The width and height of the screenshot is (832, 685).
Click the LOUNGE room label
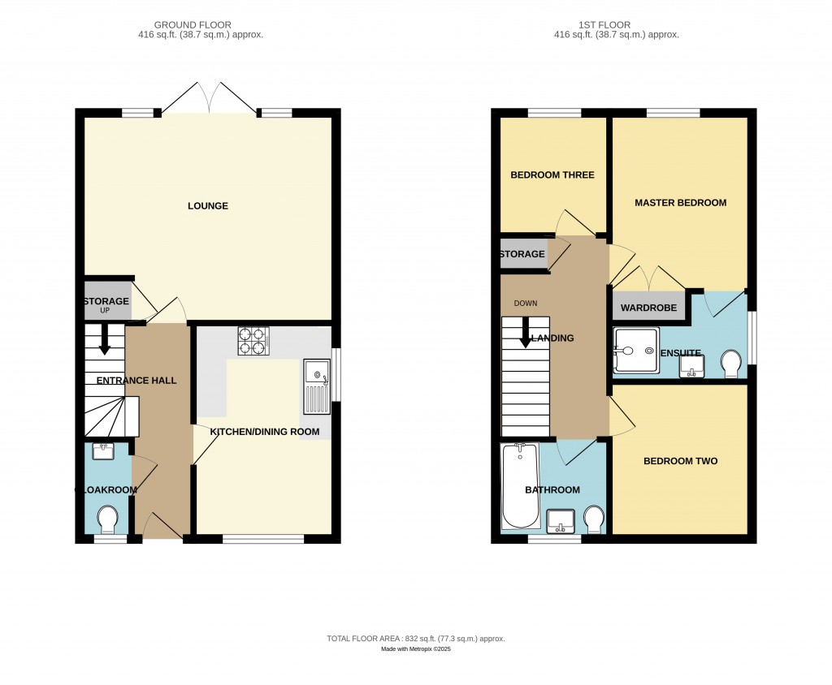[208, 206]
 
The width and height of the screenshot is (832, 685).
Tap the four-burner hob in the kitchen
[253, 341]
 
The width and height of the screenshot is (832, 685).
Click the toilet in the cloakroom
[106, 517]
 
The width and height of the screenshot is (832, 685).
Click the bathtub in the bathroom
[520, 485]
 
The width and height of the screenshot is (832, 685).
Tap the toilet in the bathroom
[593, 518]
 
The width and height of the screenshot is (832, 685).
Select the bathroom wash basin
[561, 520]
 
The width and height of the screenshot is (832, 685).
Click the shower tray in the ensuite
[635, 351]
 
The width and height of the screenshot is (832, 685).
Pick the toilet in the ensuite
[730, 364]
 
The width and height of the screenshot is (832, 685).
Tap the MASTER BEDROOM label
[680, 203]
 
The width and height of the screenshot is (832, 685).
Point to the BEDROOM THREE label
[552, 175]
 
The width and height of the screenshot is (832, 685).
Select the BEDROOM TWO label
[680, 461]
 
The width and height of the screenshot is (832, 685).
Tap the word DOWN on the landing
[526, 304]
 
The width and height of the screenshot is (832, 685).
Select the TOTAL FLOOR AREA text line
[415, 639]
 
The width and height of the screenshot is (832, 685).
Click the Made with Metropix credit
[415, 649]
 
